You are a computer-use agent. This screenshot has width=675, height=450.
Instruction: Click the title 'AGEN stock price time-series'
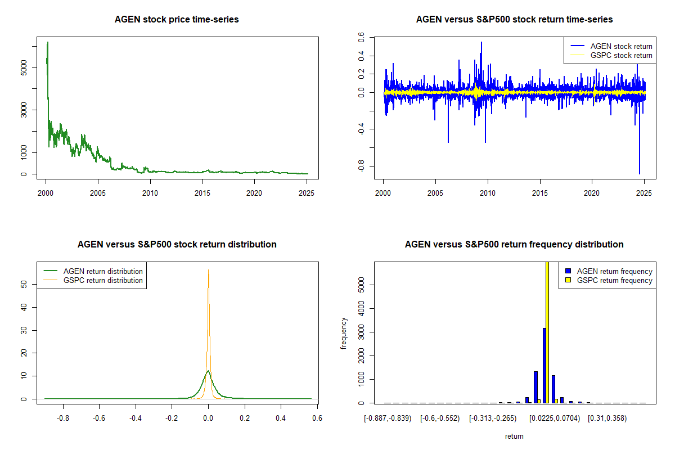tap(177, 20)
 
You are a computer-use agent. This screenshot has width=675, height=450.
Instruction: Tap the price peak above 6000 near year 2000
tap(48, 42)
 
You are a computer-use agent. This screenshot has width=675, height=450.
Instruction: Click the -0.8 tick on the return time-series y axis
tap(361, 166)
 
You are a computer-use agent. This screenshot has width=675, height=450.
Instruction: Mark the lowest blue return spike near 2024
tap(639, 173)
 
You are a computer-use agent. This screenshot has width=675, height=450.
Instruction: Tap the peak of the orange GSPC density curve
tap(208, 270)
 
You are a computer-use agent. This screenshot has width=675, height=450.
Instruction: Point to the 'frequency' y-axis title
tap(344, 333)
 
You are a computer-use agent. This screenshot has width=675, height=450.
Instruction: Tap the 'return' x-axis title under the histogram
tap(514, 436)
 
